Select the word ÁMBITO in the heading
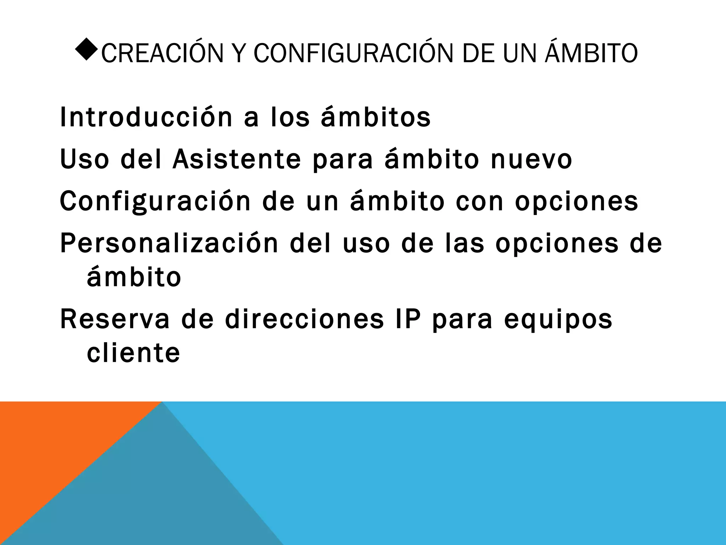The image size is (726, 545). pos(591,53)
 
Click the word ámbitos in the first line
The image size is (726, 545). pos(376,117)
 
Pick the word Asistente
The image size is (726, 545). pos(237,159)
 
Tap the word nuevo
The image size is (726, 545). pos(531,159)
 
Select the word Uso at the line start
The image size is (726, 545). pos(84,159)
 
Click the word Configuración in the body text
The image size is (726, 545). pos(155,201)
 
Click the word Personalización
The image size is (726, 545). pos(169,243)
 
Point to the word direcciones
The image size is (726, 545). pos(305,319)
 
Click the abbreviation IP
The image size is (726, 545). pos(408,319)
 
